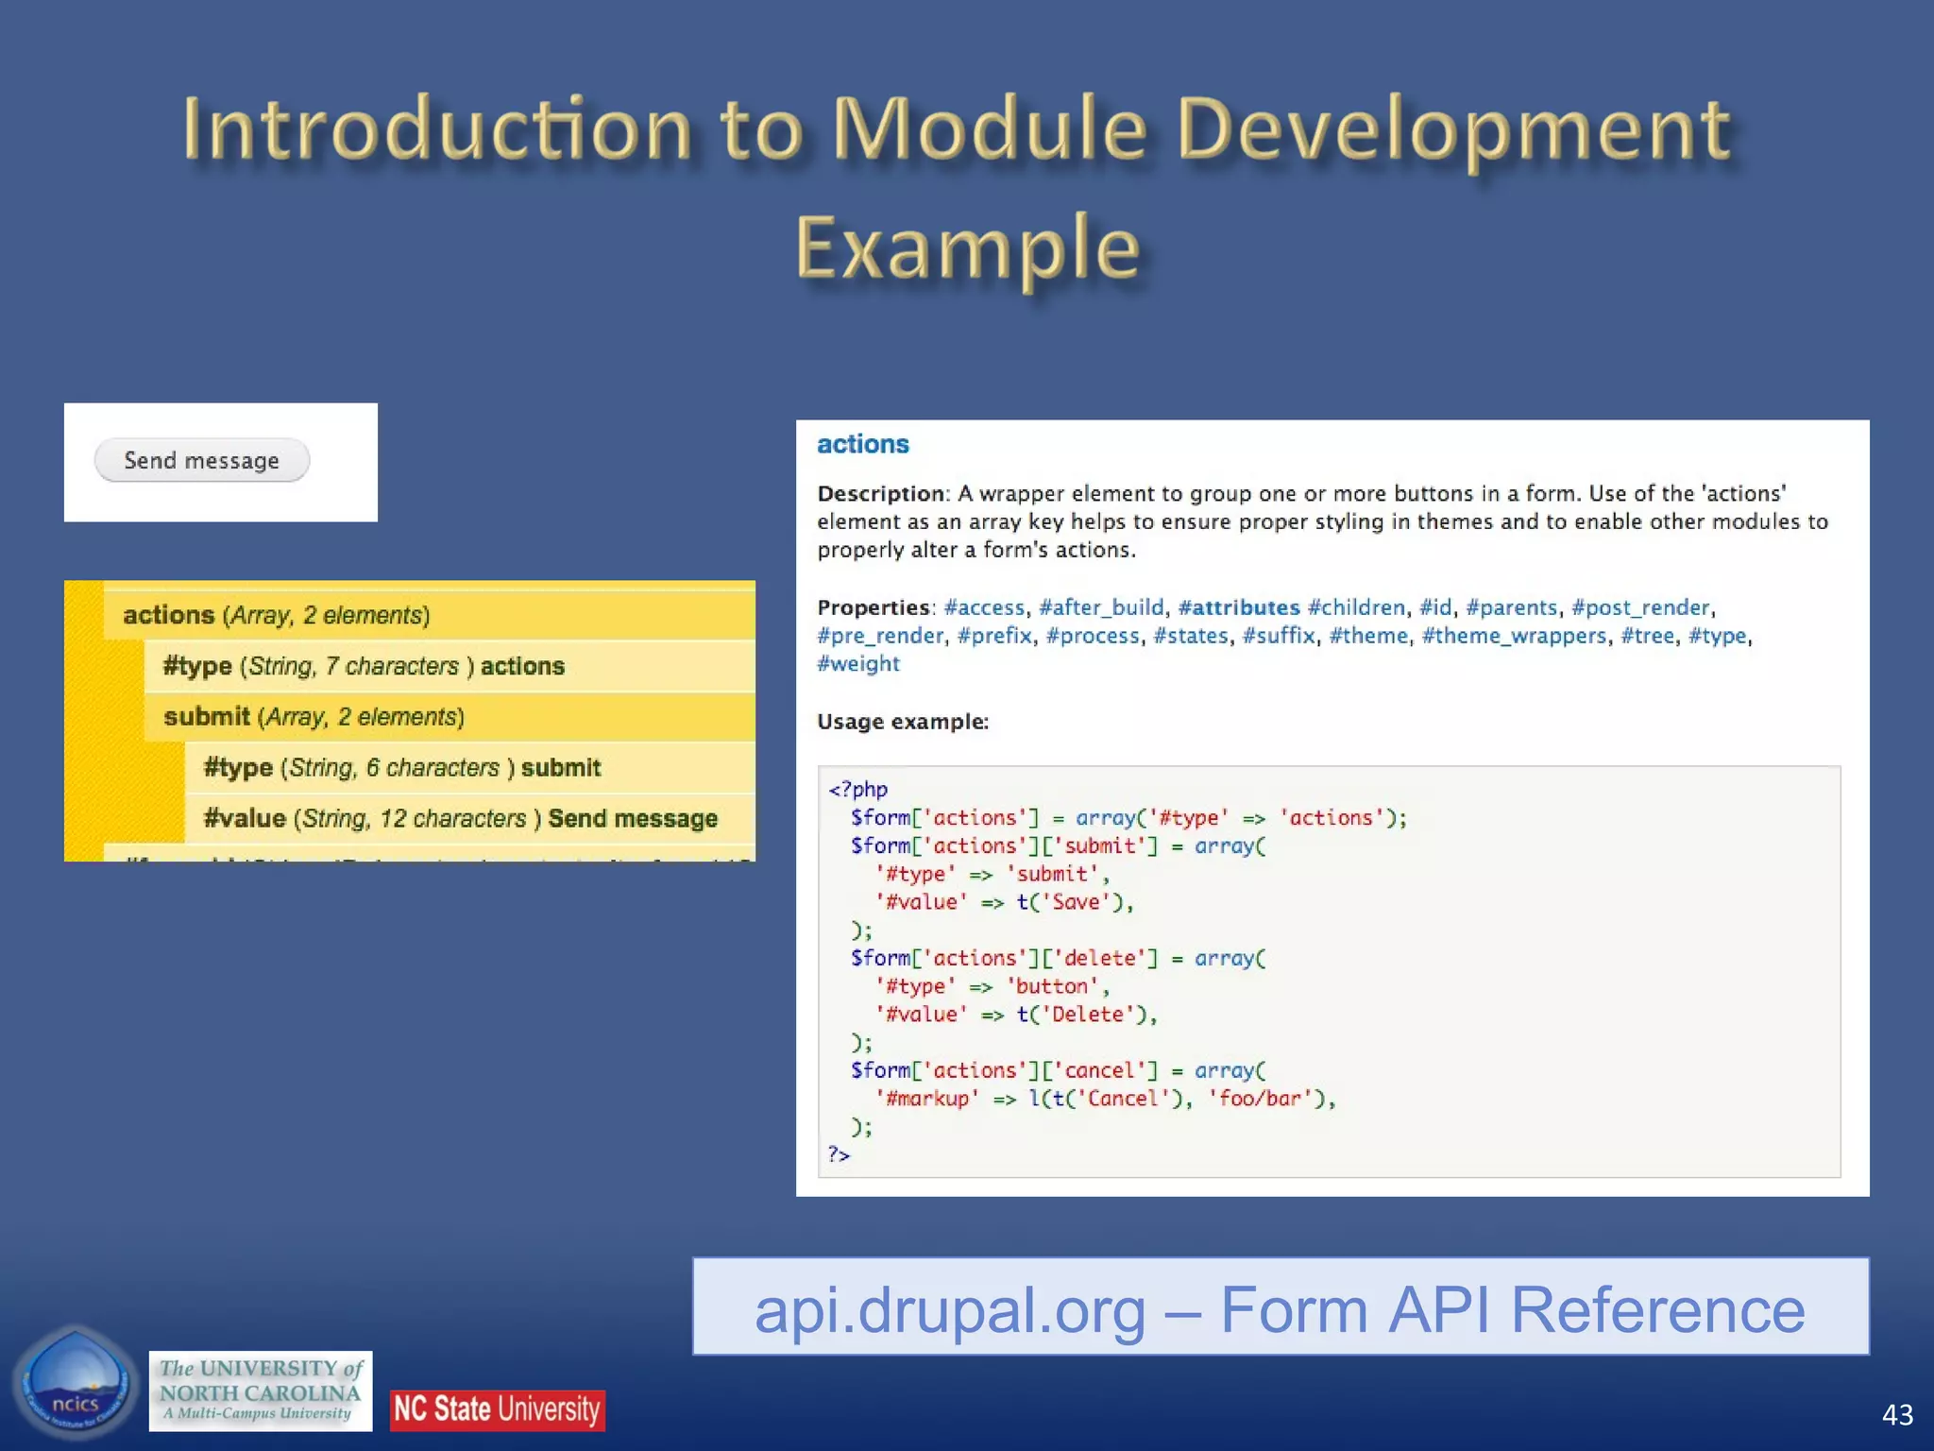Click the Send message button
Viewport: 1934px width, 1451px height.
pos(201,460)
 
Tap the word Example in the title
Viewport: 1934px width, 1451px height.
pos(967,248)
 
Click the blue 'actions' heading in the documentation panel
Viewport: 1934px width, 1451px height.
pos(862,444)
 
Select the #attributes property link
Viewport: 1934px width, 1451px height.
pos(1238,607)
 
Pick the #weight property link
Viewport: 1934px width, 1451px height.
pos(857,664)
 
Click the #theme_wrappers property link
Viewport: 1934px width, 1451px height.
pos(1513,636)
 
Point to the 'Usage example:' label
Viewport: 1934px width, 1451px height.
pos(902,722)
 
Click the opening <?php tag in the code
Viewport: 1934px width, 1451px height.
pos(857,789)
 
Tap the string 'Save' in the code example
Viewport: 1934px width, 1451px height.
pos(1076,902)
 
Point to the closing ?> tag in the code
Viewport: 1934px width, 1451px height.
pos(839,1154)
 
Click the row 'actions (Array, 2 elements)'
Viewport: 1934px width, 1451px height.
pos(276,615)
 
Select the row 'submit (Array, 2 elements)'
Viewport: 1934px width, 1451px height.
pos(314,717)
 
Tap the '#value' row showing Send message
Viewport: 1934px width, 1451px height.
pos(460,818)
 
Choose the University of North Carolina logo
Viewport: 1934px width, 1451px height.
pos(260,1391)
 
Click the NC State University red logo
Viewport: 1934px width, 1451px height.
pos(497,1409)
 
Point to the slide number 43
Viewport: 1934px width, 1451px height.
pos(1896,1414)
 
